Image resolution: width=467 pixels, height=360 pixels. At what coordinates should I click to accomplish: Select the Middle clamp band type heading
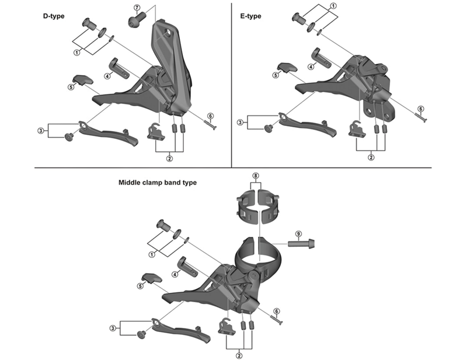point(158,182)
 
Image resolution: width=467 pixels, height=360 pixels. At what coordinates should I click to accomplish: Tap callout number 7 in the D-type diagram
point(137,8)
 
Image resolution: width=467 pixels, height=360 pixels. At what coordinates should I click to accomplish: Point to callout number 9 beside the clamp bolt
point(298,234)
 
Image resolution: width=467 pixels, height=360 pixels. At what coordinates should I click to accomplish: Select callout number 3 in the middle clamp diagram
point(111,328)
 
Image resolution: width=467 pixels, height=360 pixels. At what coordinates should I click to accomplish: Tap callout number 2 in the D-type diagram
point(169,157)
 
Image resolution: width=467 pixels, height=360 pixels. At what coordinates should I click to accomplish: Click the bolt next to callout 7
point(135,20)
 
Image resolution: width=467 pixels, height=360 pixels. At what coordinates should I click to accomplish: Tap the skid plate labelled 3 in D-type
point(109,132)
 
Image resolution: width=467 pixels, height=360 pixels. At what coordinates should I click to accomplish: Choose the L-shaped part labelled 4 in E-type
point(318,58)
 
